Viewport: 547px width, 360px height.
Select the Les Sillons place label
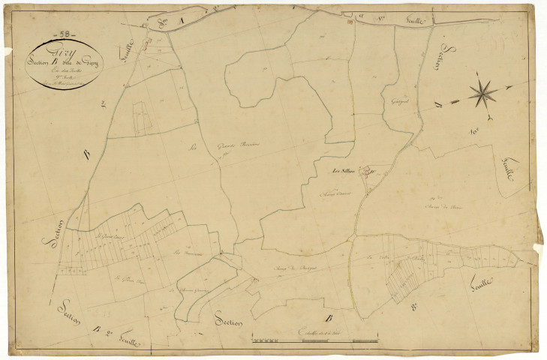coord(344,172)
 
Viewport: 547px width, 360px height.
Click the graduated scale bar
coord(314,340)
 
